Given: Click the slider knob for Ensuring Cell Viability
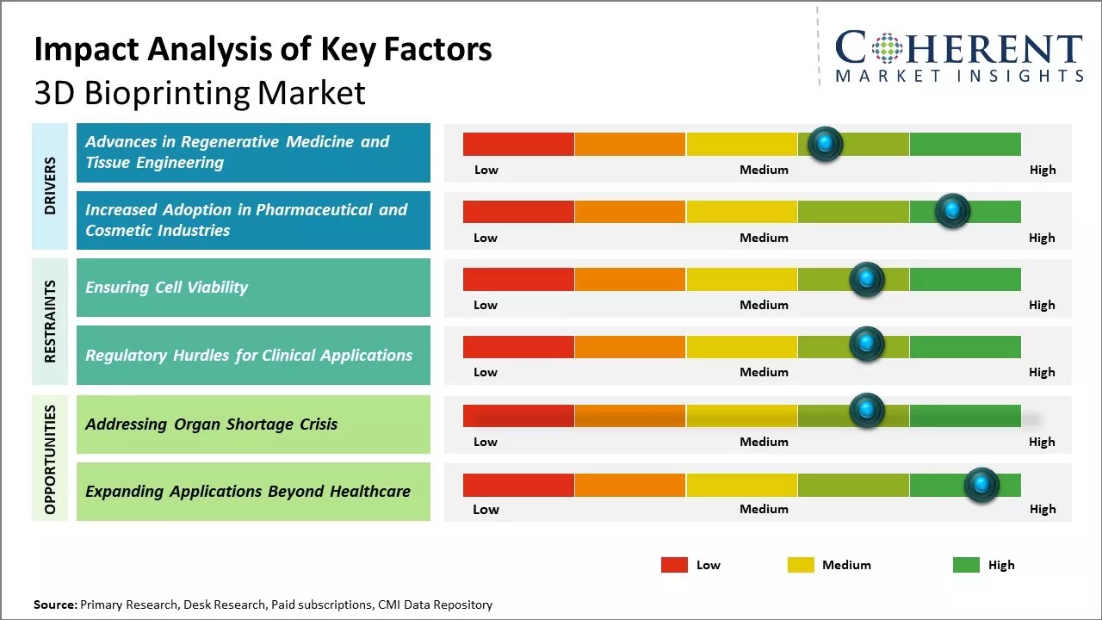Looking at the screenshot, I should click(867, 279).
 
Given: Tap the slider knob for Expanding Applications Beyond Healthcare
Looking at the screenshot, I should click(981, 485).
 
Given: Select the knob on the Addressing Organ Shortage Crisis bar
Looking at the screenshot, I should click(867, 411).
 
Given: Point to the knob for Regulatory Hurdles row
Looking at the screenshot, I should click(867, 344).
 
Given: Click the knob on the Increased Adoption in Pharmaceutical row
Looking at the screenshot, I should click(952, 211).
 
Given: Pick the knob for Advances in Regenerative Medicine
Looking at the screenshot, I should click(826, 144).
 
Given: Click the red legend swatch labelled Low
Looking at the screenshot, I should click(674, 565).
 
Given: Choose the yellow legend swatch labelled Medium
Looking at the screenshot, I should click(801, 565).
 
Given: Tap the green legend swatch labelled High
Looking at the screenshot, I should click(966, 565).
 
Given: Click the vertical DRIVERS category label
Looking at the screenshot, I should click(50, 186).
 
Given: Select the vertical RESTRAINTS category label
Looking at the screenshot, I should click(50, 321).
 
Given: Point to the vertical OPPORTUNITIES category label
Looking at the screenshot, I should click(50, 459).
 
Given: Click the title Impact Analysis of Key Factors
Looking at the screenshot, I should click(263, 49).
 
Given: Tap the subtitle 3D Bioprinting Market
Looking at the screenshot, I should click(200, 93).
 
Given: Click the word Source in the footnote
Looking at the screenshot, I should click(54, 604).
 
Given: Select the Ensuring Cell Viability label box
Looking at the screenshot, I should click(253, 288).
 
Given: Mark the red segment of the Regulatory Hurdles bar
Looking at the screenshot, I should click(518, 346).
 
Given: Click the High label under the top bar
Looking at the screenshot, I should click(1042, 170).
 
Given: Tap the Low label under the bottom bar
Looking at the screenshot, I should click(486, 509).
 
